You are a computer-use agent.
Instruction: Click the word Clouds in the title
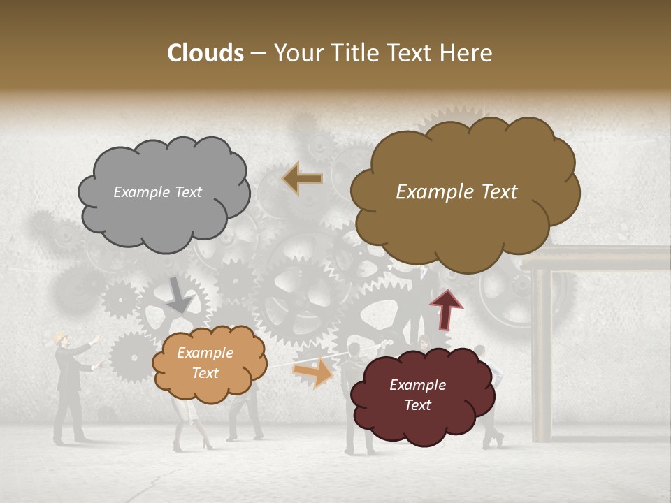[x=205, y=53]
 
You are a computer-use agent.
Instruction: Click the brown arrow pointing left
[x=302, y=179]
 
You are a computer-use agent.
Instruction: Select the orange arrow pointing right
[x=312, y=372]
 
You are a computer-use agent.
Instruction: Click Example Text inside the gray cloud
[x=157, y=192]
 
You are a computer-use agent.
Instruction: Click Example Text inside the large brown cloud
[x=456, y=192]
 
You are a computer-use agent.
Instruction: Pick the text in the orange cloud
[x=205, y=363]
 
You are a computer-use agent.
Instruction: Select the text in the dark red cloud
[x=417, y=395]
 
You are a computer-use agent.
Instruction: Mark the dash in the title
[x=258, y=53]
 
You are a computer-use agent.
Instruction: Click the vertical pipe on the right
[x=542, y=356]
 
